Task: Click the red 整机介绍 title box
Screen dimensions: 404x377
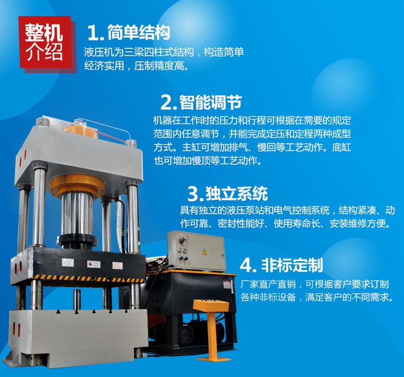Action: [46, 42]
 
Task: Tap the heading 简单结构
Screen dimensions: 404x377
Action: [139, 32]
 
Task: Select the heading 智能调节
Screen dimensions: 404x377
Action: [211, 102]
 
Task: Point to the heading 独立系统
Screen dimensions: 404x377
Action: [237, 193]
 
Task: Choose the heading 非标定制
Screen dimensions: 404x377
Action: [292, 265]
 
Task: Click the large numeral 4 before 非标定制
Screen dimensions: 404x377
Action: [246, 265]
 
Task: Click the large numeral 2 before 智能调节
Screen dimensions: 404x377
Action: [167, 102]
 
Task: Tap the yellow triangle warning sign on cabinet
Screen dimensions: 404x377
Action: [205, 252]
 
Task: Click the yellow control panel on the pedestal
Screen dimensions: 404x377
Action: [211, 305]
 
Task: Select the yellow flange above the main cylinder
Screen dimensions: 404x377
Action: [77, 185]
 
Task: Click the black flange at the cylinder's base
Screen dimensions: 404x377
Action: [77, 241]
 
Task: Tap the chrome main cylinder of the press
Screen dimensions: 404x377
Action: [77, 214]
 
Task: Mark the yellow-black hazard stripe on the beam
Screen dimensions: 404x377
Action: [89, 279]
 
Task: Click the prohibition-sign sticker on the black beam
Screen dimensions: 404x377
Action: [90, 264]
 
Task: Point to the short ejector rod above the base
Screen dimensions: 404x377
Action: [77, 300]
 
